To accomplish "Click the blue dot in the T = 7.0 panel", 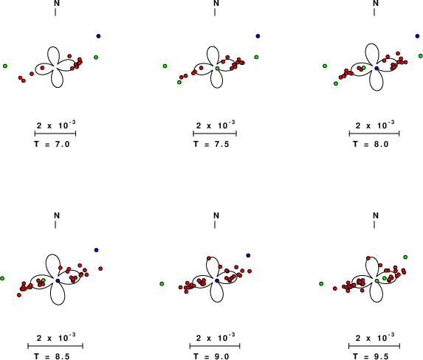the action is pos(98,36).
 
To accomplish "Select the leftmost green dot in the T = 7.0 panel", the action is pos(5,66).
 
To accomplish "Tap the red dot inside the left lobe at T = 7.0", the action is pos(42,68).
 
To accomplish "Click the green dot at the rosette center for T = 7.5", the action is pos(218,68).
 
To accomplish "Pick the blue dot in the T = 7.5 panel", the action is pos(258,36).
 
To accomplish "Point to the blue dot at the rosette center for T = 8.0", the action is pos(377,68).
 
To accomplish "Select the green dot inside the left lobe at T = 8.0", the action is pos(364,67).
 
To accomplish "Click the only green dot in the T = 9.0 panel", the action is pos(162,284).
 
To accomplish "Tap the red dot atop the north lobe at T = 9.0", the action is pos(209,258).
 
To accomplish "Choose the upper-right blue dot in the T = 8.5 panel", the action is pos(96,250).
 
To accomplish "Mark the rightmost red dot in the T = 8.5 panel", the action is pos(100,269).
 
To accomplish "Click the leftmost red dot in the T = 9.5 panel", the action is pos(335,288).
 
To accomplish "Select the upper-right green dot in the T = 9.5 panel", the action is pos(405,257).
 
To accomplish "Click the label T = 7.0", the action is pos(52,145).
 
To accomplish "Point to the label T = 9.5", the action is pos(371,356).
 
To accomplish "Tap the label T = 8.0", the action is pos(371,145).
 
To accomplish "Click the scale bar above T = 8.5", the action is pos(55,346).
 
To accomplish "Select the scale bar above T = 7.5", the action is pos(215,134).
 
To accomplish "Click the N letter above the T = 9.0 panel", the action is pos(216,215).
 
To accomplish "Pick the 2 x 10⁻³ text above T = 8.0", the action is pos(375,125).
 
